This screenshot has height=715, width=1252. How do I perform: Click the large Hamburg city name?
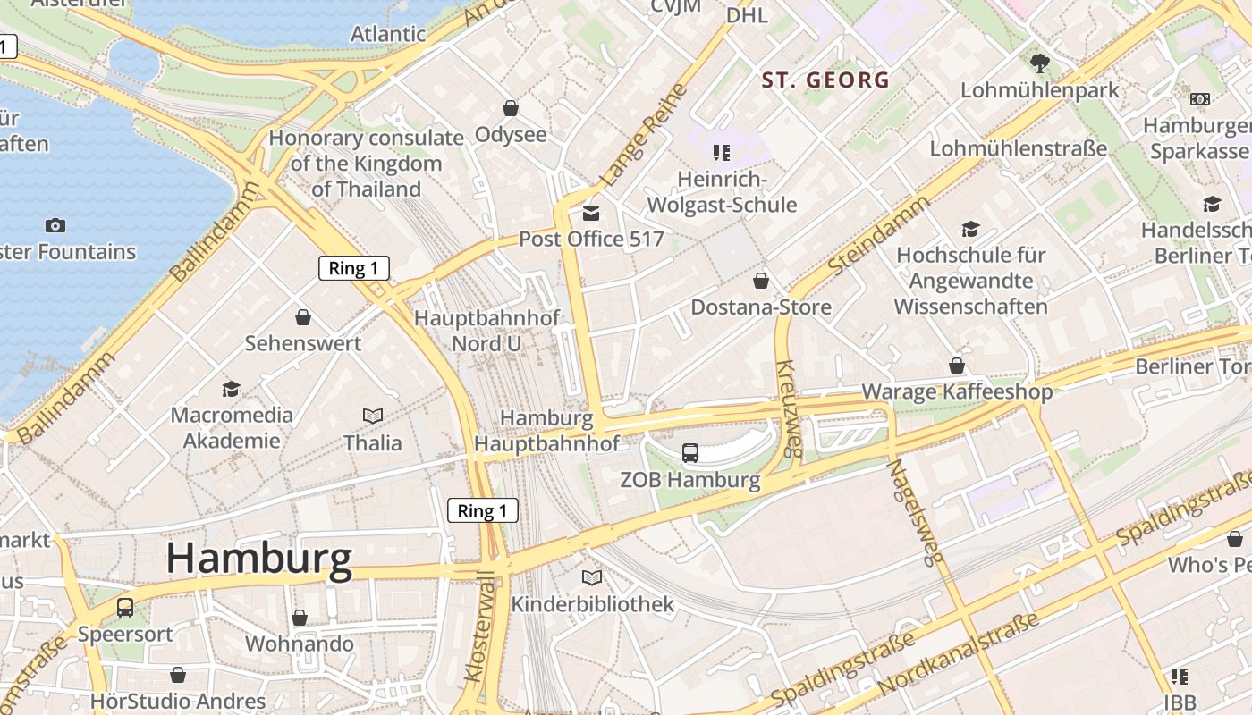259,559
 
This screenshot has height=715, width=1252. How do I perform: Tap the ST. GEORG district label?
825,80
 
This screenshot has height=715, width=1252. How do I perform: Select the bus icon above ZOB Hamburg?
690,453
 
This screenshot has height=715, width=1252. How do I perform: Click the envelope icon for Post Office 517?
591,214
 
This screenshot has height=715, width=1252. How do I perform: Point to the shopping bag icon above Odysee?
511,109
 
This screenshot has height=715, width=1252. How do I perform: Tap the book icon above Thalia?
373,416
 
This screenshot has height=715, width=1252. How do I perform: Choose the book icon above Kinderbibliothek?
592,577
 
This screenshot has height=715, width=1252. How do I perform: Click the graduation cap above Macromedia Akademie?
232,389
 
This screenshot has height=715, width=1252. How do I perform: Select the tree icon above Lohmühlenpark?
1039,63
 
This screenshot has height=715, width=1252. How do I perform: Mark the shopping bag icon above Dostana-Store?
761,282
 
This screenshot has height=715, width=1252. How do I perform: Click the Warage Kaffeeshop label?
957,391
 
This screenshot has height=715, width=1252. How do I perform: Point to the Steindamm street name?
878,236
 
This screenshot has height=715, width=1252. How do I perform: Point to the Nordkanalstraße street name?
959,655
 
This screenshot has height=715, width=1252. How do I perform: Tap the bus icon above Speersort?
125,608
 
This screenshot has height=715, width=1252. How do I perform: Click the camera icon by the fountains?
55,225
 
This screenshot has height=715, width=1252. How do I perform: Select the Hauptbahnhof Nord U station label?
486,331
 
